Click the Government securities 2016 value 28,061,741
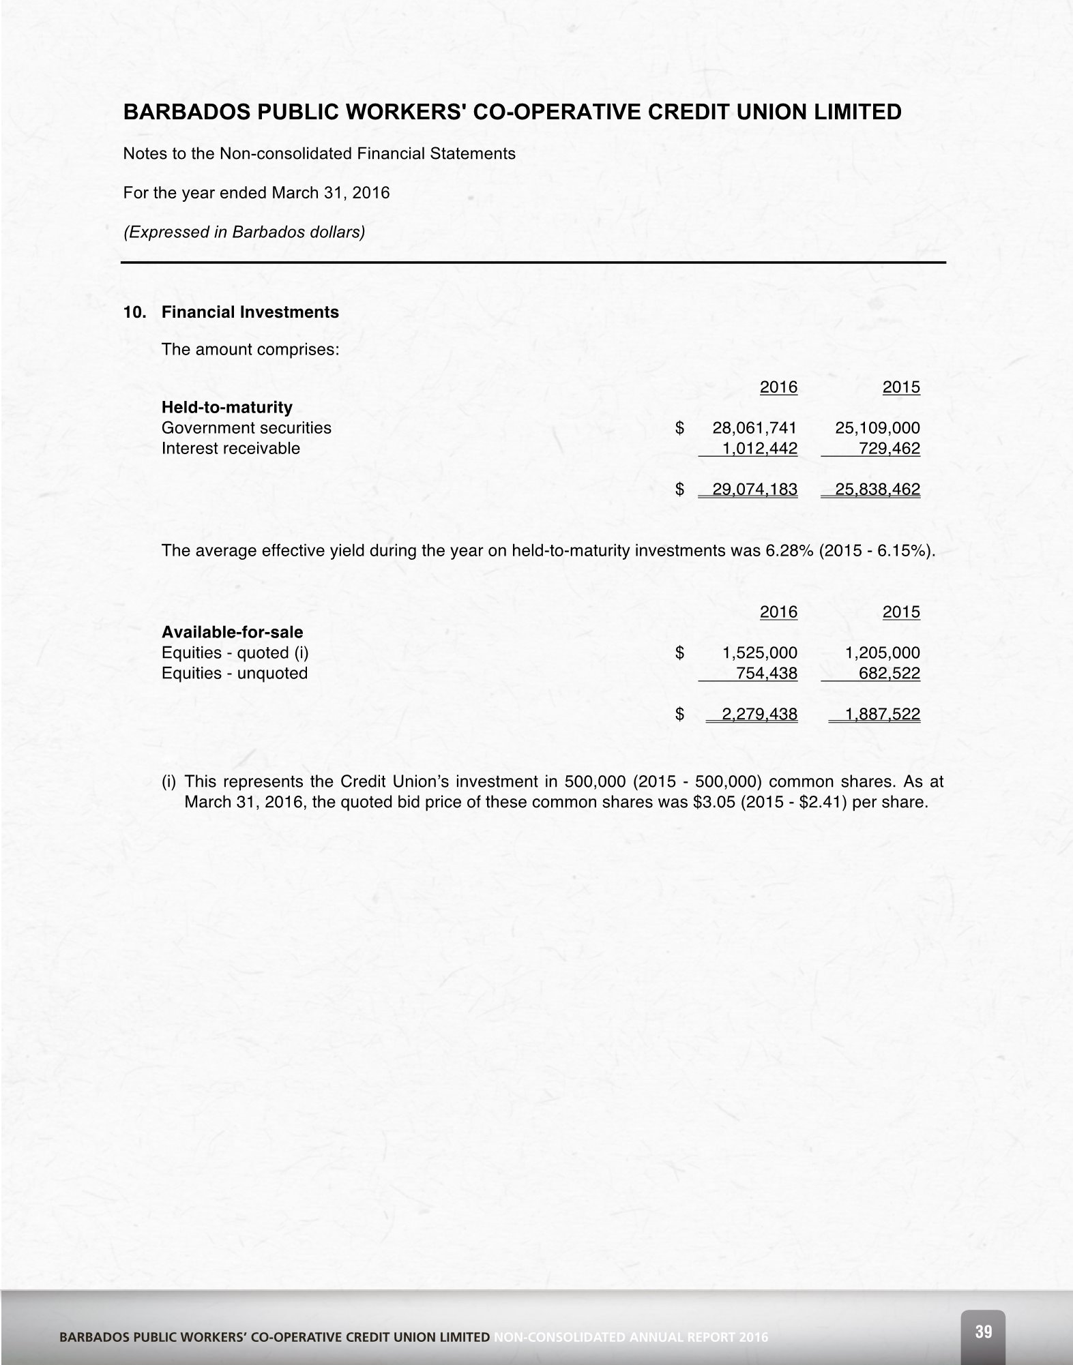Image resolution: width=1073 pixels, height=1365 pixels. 754,428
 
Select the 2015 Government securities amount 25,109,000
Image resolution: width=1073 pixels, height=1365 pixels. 877,428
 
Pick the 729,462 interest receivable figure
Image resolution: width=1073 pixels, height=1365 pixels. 890,449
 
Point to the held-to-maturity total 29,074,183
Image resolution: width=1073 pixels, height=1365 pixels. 754,490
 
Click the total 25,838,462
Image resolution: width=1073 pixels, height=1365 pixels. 877,490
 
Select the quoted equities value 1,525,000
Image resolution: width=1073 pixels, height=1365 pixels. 759,653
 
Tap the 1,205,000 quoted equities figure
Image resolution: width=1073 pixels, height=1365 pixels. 882,653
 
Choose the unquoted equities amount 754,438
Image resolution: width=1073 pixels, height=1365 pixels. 767,674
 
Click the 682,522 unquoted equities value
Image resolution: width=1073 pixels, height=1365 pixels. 890,674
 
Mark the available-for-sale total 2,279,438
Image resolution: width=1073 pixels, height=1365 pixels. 759,715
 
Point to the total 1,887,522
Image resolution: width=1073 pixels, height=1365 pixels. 882,715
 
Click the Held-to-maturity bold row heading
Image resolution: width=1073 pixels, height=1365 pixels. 226,408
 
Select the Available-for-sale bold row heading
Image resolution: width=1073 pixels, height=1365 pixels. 232,632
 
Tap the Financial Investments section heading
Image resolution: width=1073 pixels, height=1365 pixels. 250,312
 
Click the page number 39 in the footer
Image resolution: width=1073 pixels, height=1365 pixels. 983,1332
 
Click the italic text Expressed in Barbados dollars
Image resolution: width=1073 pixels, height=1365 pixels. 244,232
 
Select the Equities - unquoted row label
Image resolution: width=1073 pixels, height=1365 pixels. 234,674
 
